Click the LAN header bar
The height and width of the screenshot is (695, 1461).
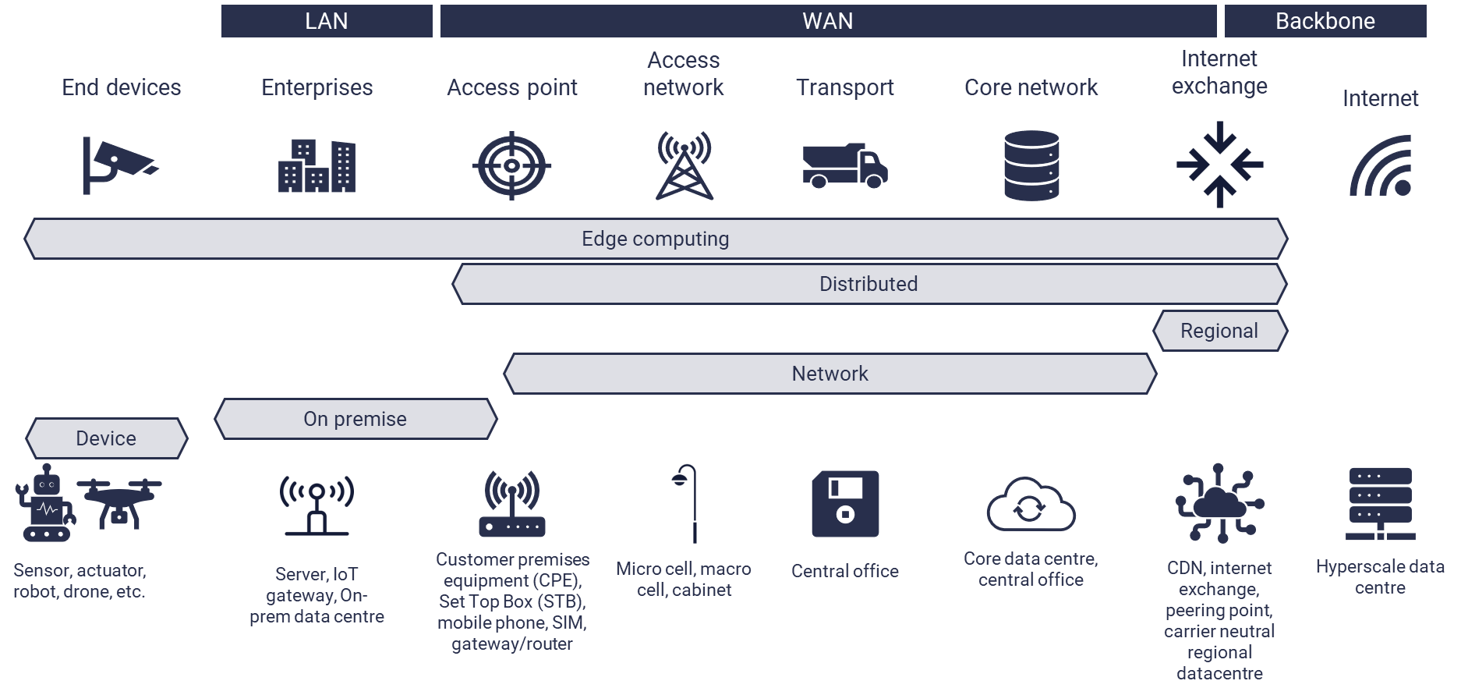[x=327, y=21]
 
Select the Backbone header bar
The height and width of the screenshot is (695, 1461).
[x=1325, y=21]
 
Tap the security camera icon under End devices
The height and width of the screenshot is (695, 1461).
[x=119, y=165]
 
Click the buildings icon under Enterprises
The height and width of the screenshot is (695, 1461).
[x=317, y=166]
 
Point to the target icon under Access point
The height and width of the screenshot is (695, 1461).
[x=511, y=165]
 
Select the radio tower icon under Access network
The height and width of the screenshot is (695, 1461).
[x=684, y=165]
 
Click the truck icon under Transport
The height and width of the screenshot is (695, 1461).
[x=844, y=165]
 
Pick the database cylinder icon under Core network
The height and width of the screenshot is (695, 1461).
[x=1031, y=165]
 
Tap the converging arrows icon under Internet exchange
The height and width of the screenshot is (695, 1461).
[x=1219, y=165]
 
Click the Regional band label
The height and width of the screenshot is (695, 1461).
[x=1219, y=331]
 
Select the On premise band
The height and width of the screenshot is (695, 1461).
[x=356, y=419]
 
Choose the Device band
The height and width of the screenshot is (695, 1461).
[x=107, y=438]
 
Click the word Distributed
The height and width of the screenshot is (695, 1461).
[x=868, y=284]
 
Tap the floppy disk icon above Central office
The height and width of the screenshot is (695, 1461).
[x=845, y=504]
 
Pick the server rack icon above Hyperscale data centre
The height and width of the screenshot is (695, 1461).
[x=1380, y=504]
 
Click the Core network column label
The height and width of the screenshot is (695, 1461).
[x=1031, y=87]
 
